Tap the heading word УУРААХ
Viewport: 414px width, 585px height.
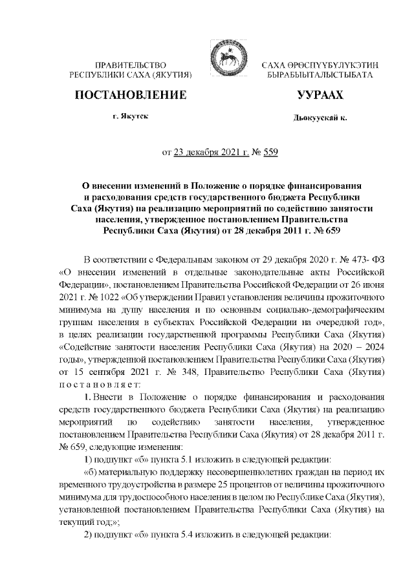point(319,96)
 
